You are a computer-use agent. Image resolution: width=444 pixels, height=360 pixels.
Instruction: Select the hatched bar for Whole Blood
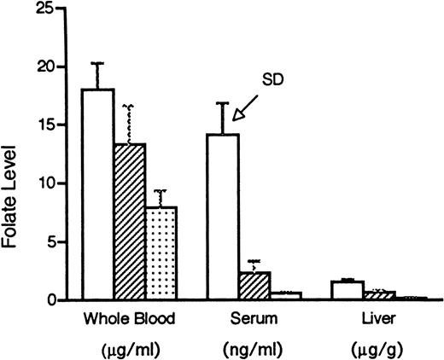click(x=129, y=222)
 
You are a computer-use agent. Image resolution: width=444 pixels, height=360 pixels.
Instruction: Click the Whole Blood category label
click(x=130, y=320)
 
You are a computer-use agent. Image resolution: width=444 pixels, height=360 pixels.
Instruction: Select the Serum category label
click(x=251, y=320)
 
